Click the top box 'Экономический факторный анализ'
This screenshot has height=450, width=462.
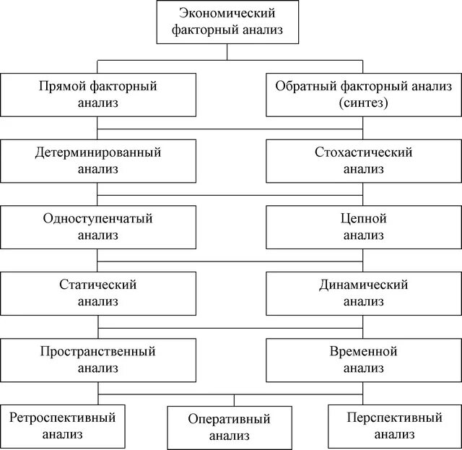(227, 22)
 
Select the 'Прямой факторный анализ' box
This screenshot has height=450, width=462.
(97, 94)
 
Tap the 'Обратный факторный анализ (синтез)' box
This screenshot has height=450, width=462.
(363, 94)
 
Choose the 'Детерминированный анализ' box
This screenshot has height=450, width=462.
(97, 160)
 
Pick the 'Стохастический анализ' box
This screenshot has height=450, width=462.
(363, 160)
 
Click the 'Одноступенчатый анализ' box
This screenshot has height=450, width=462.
(97, 226)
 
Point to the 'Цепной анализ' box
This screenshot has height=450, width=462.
(363, 226)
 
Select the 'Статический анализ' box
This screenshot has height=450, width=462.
(97, 293)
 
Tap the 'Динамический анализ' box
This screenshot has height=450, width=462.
(363, 293)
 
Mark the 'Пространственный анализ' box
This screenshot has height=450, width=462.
(97, 359)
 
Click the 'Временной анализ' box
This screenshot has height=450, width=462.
(363, 359)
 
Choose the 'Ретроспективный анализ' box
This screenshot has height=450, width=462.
(62, 425)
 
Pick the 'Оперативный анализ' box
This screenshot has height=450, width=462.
(230, 427)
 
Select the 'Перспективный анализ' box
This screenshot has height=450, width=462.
(393, 425)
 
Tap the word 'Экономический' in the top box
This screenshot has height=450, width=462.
(227, 13)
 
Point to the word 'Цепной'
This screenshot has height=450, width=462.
(363, 218)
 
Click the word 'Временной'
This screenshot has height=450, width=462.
(363, 351)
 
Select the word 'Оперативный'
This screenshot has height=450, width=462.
(230, 419)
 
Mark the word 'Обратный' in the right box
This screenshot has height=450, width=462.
(298, 86)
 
